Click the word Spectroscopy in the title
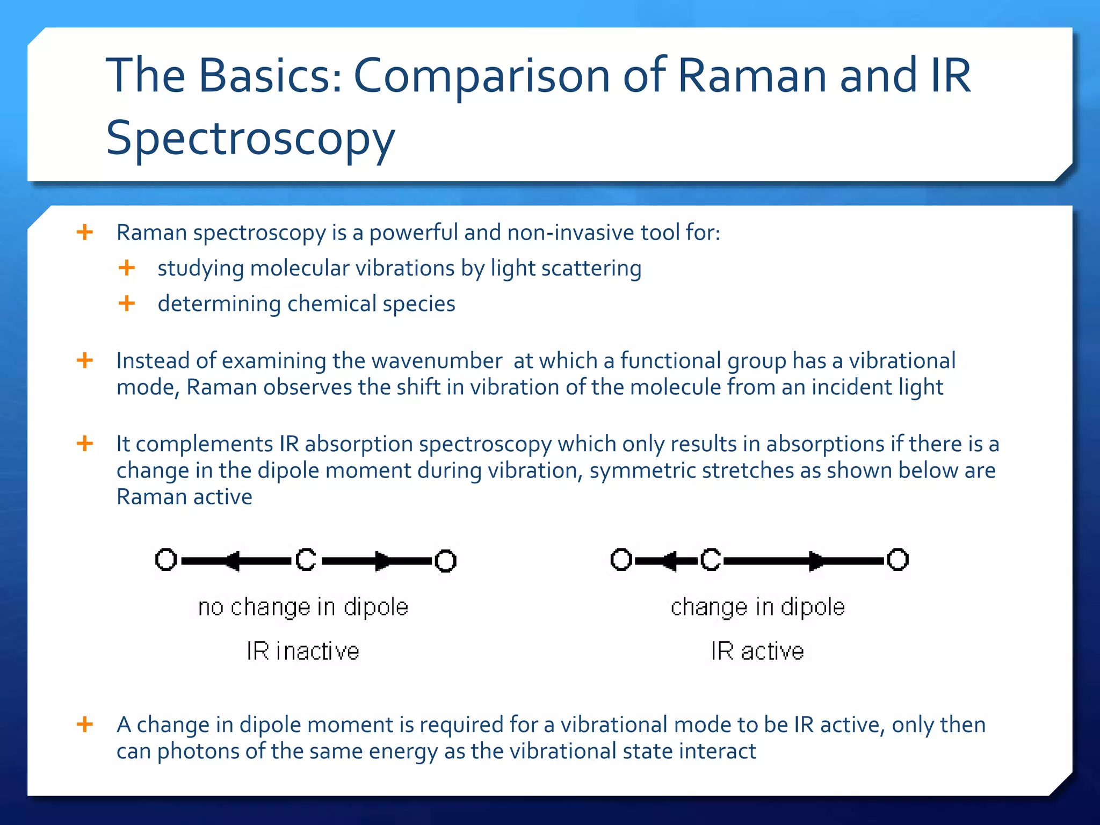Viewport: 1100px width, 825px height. (250, 138)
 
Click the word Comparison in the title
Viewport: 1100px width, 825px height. (482, 76)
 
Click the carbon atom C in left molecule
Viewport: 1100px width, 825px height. (306, 560)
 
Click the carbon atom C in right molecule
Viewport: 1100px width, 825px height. (711, 560)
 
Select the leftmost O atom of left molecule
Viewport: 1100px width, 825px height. (166, 560)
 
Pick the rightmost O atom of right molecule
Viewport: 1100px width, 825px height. (898, 560)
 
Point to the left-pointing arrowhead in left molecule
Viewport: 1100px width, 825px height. (232, 561)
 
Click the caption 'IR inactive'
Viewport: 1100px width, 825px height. (303, 651)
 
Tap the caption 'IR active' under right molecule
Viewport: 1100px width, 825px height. (757, 651)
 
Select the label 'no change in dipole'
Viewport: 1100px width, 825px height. (303, 607)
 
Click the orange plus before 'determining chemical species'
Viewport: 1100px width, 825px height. (127, 303)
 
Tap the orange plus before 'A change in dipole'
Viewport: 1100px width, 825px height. (85, 724)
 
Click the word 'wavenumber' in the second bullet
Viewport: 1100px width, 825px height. (437, 361)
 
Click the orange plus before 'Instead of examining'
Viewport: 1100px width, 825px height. (85, 360)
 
